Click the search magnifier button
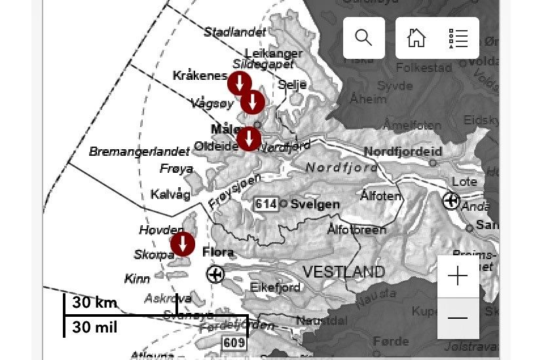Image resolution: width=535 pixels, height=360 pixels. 363,37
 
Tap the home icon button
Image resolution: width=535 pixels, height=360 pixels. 416,37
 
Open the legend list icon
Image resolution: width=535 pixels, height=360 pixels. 458,37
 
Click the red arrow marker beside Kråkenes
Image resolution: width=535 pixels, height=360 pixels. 239,83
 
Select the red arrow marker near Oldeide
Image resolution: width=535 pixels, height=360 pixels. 249,139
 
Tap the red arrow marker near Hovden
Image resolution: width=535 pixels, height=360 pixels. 183,244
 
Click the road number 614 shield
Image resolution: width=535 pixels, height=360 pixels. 266,204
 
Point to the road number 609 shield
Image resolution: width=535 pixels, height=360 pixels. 234,342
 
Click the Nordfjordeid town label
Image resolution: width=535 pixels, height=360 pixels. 403,152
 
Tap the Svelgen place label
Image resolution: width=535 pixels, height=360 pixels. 315,204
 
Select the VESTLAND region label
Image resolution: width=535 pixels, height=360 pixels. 343,272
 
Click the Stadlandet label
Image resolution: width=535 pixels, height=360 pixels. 235,32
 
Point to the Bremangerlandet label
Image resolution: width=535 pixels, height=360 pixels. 139,152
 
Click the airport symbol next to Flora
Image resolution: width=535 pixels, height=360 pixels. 215,274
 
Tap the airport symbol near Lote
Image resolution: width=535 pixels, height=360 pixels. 451,201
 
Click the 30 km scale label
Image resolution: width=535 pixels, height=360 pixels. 95,302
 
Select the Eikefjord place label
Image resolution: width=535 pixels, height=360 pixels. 275,287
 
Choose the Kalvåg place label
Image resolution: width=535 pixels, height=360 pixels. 170,194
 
